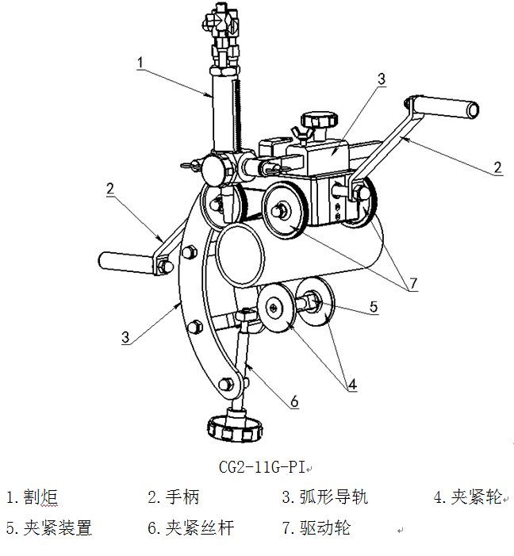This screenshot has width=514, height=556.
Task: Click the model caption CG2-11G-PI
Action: pyautogui.click(x=262, y=466)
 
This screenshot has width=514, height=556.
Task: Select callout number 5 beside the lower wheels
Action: pyautogui.click(x=374, y=306)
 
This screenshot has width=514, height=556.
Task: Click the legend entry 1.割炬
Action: pyautogui.click(x=33, y=498)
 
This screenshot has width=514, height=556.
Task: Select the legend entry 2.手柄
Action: pyautogui.click(x=173, y=498)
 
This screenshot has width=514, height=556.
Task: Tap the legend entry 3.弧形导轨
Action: pyautogui.click(x=324, y=498)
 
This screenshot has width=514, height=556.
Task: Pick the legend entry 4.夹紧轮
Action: pyautogui.click(x=468, y=498)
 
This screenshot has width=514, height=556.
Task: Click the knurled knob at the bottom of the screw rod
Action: pyautogui.click(x=235, y=431)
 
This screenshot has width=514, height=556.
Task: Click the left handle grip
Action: pyautogui.click(x=124, y=260)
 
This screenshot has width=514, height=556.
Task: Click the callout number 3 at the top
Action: pyautogui.click(x=382, y=79)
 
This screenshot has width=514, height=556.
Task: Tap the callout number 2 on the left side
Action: pyautogui.click(x=111, y=189)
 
